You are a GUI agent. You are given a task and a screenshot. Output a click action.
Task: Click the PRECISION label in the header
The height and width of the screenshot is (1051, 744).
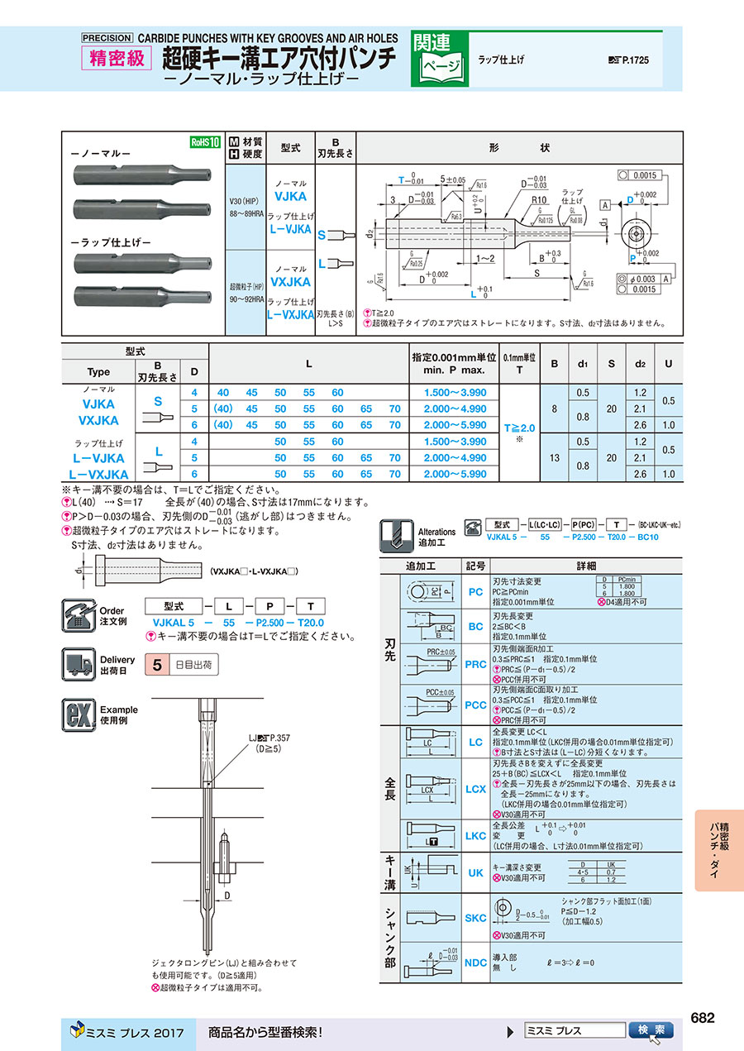point(107,38)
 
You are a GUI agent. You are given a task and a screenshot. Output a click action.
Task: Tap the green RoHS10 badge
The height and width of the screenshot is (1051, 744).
point(205,142)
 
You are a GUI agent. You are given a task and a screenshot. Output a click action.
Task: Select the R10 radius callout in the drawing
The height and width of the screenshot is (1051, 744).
point(540,200)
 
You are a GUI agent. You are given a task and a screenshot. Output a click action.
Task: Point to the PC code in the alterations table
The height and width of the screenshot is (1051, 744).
point(475,592)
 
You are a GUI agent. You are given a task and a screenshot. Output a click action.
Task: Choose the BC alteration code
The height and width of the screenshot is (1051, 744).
point(475,627)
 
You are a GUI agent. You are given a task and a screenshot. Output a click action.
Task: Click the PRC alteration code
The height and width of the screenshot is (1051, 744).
point(475,664)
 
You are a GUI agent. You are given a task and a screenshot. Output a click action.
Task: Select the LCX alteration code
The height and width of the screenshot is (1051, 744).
point(475,789)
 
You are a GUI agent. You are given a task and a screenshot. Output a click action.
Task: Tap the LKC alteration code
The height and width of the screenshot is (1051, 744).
point(475,835)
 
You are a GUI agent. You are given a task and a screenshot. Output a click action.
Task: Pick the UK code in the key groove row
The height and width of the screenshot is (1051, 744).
point(475,872)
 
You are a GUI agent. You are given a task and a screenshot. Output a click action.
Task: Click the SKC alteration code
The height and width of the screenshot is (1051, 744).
point(475,918)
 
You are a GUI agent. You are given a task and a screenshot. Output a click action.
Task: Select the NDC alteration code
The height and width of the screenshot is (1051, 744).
point(475,963)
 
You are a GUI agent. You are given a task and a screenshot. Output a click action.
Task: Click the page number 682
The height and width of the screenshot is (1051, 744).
point(702,1018)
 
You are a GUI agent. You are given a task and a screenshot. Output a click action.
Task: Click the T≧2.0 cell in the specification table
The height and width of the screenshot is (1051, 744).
point(520,428)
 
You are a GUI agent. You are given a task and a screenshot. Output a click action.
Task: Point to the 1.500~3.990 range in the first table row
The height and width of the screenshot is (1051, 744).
point(455,393)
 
